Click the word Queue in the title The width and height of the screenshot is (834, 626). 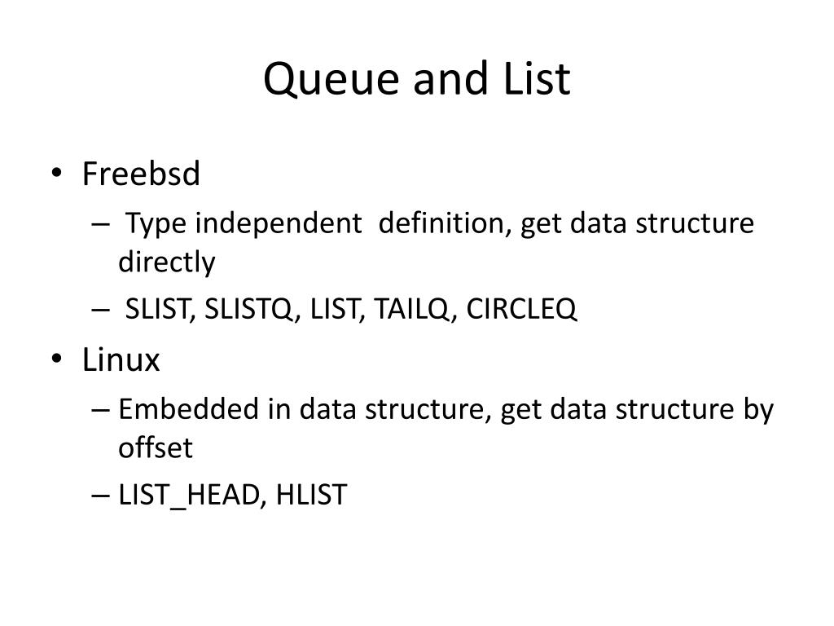[331, 79]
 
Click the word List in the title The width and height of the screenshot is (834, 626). [536, 78]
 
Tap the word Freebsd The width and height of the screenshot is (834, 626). [141, 174]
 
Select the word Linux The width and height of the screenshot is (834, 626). [121, 359]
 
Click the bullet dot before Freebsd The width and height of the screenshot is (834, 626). [57, 173]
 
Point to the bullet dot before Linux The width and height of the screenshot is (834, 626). [57, 359]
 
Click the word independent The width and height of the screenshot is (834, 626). [279, 223]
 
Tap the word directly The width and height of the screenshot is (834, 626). [166, 262]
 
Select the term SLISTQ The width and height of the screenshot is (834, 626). [249, 309]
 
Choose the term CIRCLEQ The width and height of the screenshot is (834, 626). [521, 309]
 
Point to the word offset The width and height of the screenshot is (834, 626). [156, 447]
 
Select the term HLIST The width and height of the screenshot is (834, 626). [312, 495]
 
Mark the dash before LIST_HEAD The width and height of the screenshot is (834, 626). [100, 496]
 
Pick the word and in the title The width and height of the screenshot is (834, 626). [450, 79]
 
